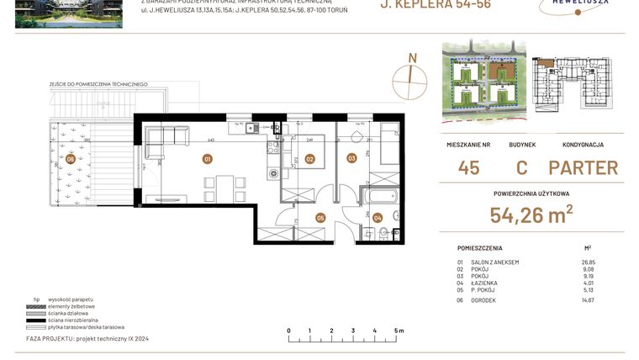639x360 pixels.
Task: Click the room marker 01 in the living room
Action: click(207, 158)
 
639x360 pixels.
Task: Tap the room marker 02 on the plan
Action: click(309, 158)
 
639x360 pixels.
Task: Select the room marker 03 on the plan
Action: click(351, 157)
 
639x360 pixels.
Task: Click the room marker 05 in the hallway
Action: click(320, 217)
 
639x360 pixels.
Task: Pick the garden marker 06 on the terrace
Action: click(71, 158)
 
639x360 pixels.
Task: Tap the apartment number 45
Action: click(469, 167)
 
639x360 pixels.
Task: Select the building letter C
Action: click(521, 167)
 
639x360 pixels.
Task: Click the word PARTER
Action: click(583, 167)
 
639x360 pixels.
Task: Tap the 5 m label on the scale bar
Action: click(396, 331)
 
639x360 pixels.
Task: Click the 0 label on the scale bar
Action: click(288, 331)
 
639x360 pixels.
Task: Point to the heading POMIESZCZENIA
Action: click(480, 249)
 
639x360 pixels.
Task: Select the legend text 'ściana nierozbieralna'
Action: click(82, 320)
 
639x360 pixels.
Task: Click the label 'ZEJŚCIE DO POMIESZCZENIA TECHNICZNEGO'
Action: click(98, 84)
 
